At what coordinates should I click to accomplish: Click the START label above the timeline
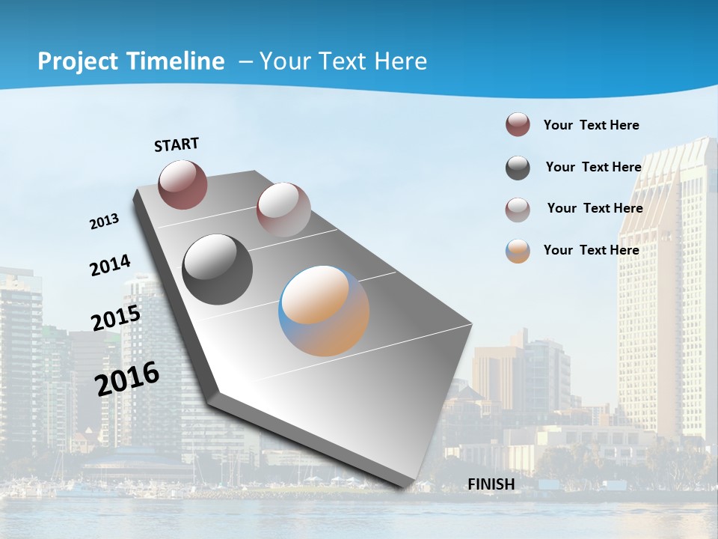point(177,144)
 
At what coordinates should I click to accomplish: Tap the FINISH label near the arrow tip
point(491,484)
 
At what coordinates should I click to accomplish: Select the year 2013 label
point(104,222)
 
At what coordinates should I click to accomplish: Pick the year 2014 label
point(110,266)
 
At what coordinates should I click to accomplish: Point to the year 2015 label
point(116,317)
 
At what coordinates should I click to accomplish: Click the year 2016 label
point(127,379)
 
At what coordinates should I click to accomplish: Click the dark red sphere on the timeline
point(182,184)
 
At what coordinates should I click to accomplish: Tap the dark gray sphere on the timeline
point(218,269)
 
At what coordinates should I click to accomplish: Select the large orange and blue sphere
point(324,311)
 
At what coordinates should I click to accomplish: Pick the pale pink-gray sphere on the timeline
point(283,210)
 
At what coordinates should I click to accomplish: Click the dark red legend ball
point(518,125)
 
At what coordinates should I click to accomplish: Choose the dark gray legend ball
point(518,168)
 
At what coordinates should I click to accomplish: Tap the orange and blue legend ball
point(518,251)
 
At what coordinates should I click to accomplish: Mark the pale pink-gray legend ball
point(518,210)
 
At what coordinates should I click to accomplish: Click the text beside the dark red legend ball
point(591,125)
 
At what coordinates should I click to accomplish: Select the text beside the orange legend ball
point(591,250)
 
